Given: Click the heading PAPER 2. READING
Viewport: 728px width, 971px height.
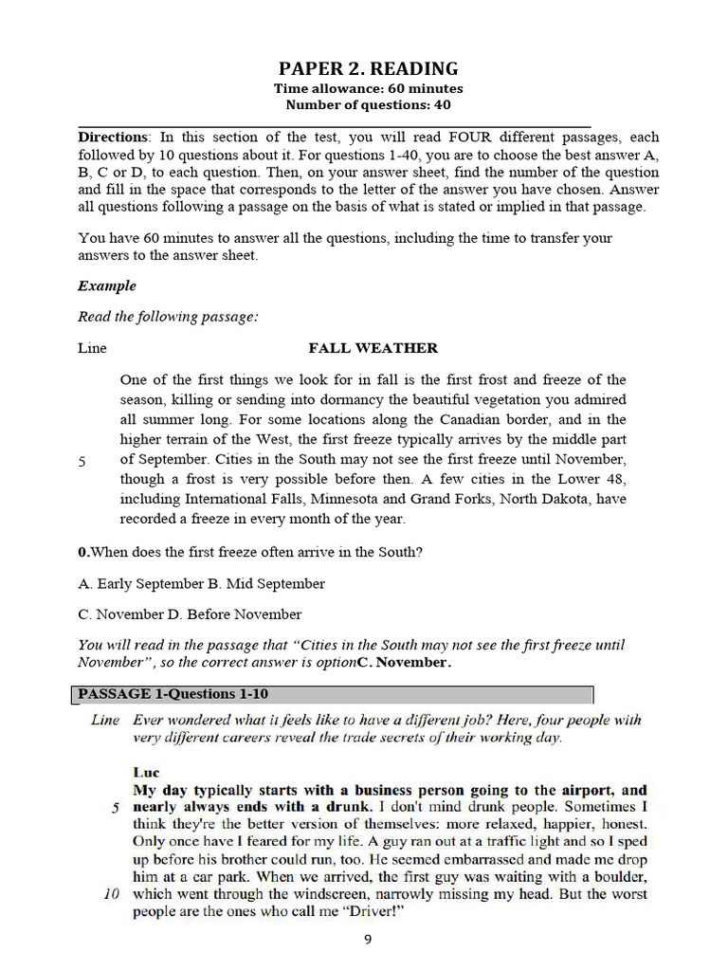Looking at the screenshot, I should tap(368, 68).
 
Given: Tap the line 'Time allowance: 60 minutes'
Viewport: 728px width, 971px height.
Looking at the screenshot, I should tap(368, 89).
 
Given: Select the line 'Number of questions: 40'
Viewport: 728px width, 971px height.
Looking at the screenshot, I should tap(368, 104).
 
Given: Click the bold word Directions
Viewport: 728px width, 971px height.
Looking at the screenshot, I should tap(113, 137).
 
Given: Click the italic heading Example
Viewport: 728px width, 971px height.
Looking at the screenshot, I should tap(107, 285).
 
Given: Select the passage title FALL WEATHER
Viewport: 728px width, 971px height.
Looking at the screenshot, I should tap(373, 348).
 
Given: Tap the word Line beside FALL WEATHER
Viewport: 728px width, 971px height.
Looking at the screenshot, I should tap(92, 348).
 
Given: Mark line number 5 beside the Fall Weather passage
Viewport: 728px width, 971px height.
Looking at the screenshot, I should tap(82, 461).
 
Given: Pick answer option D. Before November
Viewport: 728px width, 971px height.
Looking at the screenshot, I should tap(238, 614).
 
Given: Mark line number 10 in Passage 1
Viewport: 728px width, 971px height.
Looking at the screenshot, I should tap(110, 894).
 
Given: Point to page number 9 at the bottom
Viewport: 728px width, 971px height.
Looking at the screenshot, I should tap(369, 940).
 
